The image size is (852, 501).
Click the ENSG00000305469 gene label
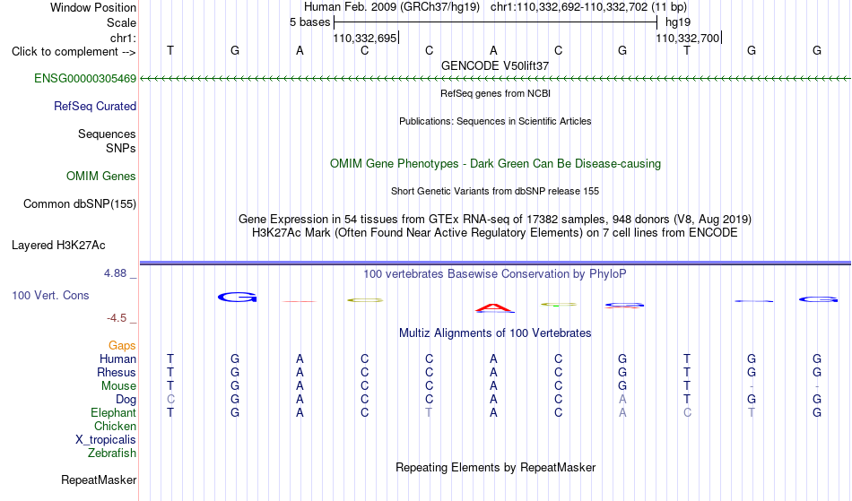[85, 79]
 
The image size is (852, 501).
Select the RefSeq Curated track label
[95, 107]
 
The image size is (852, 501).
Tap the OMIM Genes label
[101, 176]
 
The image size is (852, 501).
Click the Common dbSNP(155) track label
[80, 204]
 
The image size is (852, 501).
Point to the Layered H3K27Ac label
[58, 246]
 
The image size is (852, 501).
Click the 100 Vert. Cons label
[50, 295]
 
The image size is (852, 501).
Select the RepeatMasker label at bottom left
[99, 479]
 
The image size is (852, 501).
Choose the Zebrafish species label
[112, 453]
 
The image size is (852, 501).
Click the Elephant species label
[113, 412]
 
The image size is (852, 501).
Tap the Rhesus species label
[117, 372]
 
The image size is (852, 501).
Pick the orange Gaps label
[122, 346]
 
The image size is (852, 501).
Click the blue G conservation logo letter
[237, 297]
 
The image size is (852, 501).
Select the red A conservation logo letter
[494, 308]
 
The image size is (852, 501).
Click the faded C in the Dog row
[170, 399]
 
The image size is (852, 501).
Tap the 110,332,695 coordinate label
[365, 38]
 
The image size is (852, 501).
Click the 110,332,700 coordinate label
[687, 38]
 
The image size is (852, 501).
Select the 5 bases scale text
[309, 22]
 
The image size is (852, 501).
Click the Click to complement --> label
[74, 52]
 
